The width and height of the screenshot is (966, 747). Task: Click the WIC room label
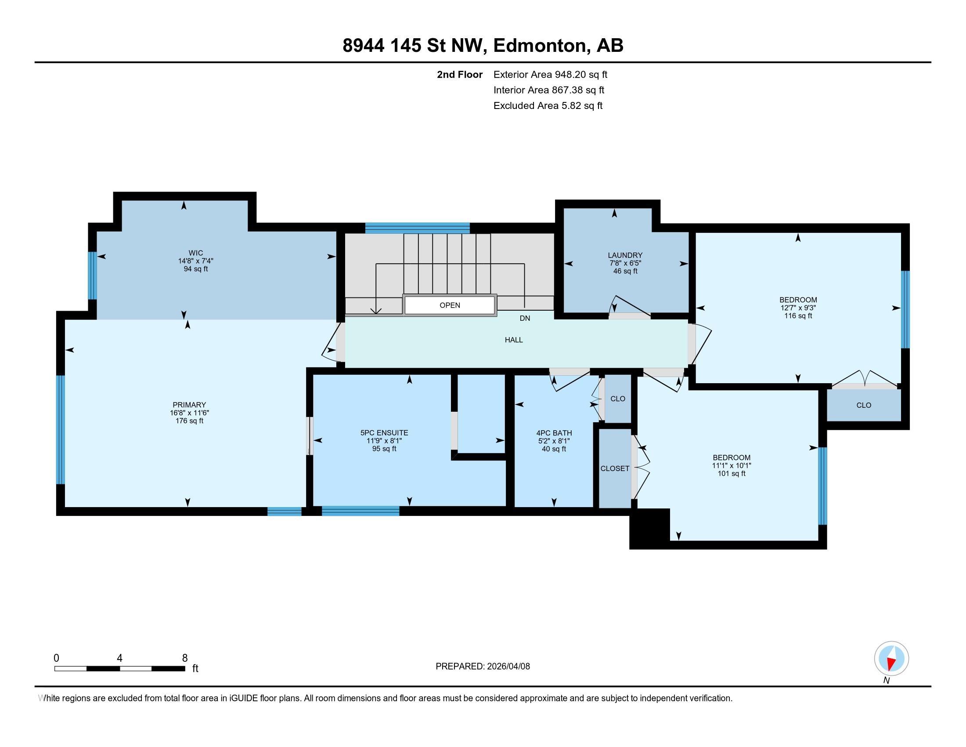195,253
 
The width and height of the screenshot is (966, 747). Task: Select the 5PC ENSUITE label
384,433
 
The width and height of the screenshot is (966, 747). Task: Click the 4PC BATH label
554,433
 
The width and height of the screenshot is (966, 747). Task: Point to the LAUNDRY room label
624,255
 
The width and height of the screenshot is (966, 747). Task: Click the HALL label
514,340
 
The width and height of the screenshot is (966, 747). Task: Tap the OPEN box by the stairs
449,305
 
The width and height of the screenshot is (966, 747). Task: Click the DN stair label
525,318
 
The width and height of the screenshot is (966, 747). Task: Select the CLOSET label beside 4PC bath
614,468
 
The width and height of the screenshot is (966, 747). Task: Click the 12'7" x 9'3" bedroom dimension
798,308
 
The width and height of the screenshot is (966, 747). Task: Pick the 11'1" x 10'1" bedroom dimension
731,465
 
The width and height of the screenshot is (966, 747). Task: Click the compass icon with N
891,659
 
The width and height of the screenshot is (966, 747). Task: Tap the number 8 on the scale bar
184,658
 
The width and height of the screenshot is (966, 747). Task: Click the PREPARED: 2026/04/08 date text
483,667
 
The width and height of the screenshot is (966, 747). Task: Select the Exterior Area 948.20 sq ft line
550,75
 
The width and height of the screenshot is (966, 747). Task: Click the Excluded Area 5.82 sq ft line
548,106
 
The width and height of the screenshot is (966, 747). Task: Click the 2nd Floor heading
460,75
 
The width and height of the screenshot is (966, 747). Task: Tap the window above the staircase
417,228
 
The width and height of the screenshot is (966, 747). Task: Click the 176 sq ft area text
189,421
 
